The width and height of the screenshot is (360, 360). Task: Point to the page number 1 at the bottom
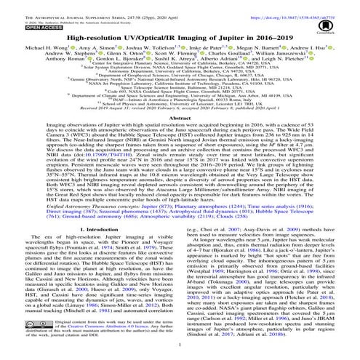180,354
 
